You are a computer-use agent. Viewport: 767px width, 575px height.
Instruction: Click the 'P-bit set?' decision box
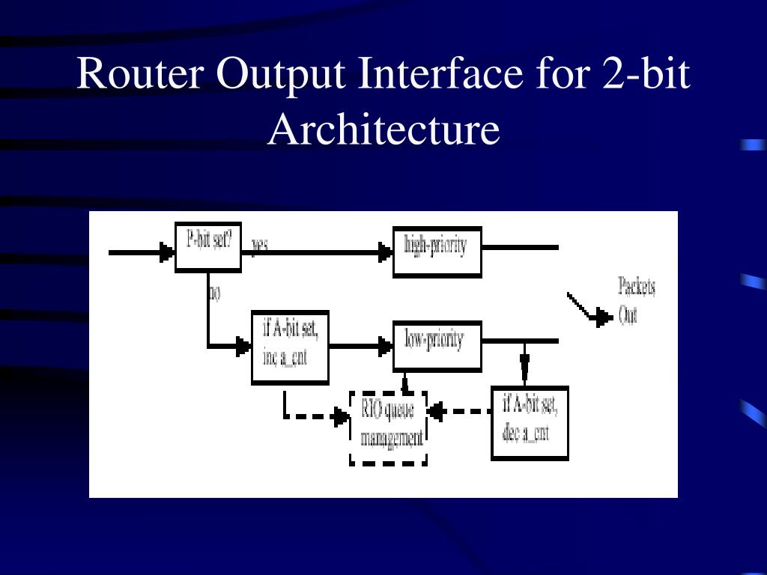tap(207, 246)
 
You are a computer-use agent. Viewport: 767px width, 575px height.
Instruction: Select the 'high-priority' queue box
tap(437, 251)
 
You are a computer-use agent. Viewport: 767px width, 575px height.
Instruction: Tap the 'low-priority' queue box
tap(437, 345)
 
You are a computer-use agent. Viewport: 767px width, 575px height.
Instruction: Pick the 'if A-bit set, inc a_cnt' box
tap(290, 346)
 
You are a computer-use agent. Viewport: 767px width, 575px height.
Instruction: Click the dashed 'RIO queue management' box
tap(388, 427)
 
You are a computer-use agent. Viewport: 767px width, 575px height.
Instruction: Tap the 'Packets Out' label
tap(636, 300)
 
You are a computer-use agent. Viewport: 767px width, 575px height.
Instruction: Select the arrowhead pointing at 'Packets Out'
tap(602, 320)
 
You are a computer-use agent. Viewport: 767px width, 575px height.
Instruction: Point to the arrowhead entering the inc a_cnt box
tap(243, 346)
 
